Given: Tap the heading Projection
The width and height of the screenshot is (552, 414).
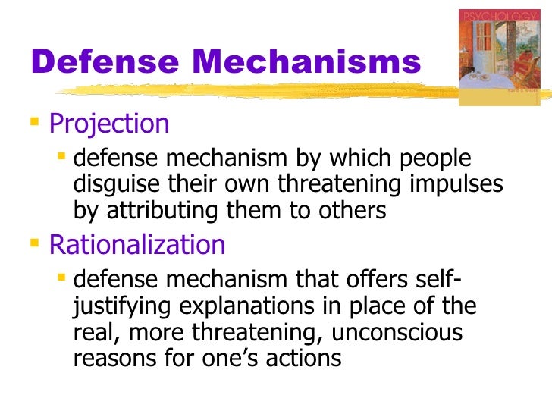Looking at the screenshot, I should point(109,123).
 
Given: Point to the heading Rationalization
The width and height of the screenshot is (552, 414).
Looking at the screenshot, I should point(137,245).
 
